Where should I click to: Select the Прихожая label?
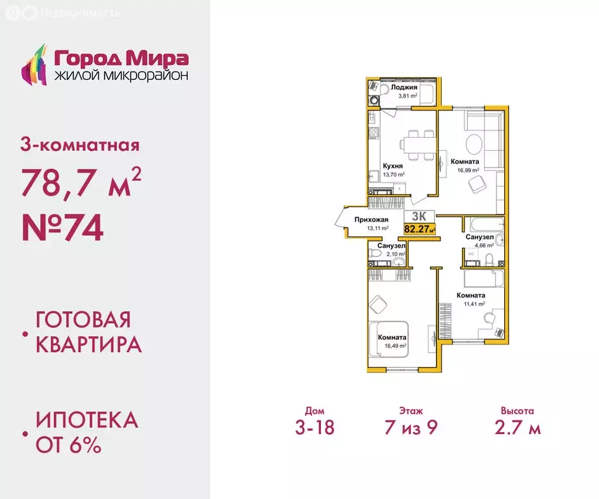371,220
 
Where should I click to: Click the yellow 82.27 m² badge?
420,228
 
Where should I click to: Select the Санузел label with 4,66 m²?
479,238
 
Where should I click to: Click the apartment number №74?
62,229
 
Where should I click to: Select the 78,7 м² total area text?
81,185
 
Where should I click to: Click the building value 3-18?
314,428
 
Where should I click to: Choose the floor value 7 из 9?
411,428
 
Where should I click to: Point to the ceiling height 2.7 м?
517,428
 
